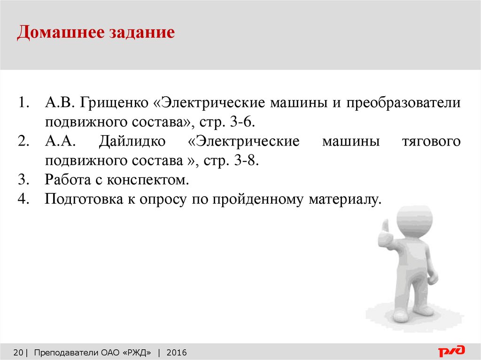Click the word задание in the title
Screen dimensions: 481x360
click(x=141, y=32)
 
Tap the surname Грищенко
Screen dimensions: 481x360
click(x=114, y=103)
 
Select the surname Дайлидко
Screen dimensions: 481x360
click(x=132, y=142)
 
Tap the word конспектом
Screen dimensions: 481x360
click(x=147, y=180)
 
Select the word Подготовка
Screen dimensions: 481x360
click(x=84, y=199)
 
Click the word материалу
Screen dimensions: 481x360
click(x=345, y=200)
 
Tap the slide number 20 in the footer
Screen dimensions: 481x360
click(x=18, y=352)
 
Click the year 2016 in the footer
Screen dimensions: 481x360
click(x=177, y=352)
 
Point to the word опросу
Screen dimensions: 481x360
click(x=163, y=200)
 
